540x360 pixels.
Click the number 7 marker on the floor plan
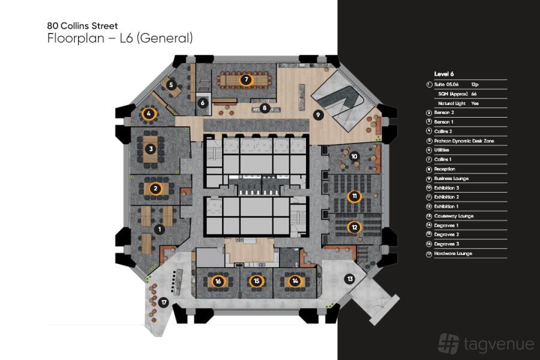[x=245, y=79]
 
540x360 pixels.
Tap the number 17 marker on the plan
[x=164, y=302]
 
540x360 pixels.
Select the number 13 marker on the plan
[x=350, y=278]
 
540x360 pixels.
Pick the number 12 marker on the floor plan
[x=355, y=227]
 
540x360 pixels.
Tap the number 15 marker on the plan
[x=257, y=280]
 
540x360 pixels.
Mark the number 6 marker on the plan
[x=203, y=103]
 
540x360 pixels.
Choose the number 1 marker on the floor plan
[x=160, y=229]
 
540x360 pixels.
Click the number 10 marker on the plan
[x=354, y=156]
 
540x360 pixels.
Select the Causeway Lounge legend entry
[x=454, y=215]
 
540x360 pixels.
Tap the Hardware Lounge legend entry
[x=453, y=253]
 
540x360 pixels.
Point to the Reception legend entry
[x=445, y=169]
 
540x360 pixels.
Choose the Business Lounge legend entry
[x=451, y=178]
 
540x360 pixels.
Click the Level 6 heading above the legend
[x=444, y=74]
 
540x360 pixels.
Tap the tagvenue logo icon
[x=449, y=343]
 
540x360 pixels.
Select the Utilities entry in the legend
[x=442, y=150]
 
